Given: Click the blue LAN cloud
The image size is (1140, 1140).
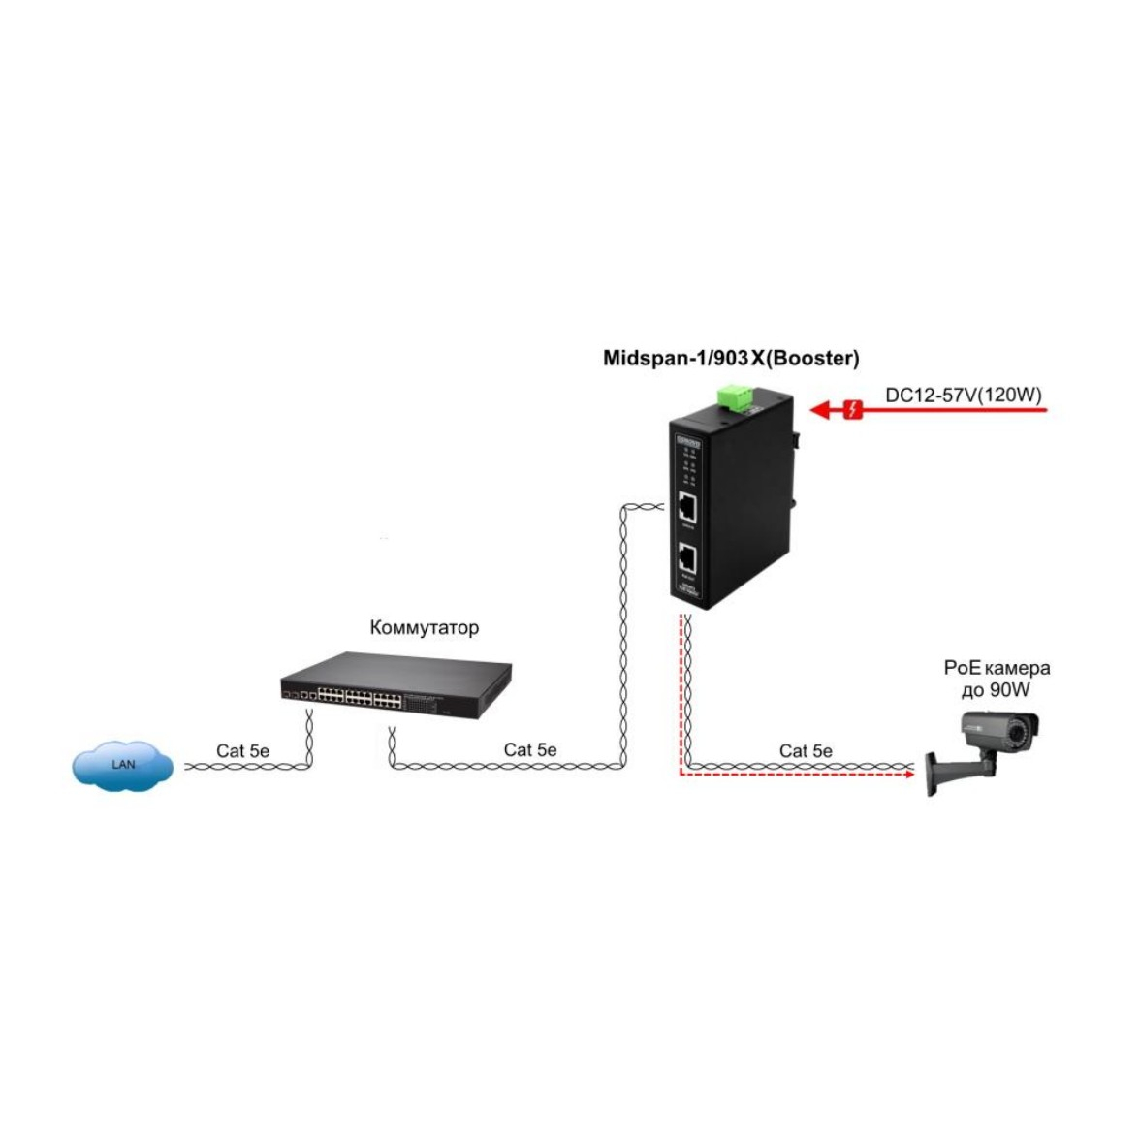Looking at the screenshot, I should [x=123, y=764].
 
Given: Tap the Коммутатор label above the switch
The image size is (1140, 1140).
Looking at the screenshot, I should [x=424, y=628].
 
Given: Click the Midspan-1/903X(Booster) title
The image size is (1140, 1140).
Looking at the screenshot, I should [x=731, y=359].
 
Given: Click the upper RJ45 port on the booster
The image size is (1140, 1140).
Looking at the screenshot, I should [x=687, y=507].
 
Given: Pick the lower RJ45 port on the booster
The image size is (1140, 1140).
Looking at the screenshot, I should [x=687, y=558].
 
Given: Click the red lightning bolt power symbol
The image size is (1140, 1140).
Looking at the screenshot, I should [x=853, y=410].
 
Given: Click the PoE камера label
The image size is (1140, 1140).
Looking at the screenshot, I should [x=996, y=668].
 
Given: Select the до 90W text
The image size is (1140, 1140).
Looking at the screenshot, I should [x=996, y=690].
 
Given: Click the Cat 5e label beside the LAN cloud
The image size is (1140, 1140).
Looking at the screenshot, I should [x=242, y=750].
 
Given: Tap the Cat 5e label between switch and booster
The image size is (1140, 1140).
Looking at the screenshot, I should [x=530, y=749].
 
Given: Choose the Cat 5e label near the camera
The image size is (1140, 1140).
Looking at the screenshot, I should [x=806, y=750].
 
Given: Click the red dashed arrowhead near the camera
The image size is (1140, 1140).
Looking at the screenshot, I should [x=909, y=773].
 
